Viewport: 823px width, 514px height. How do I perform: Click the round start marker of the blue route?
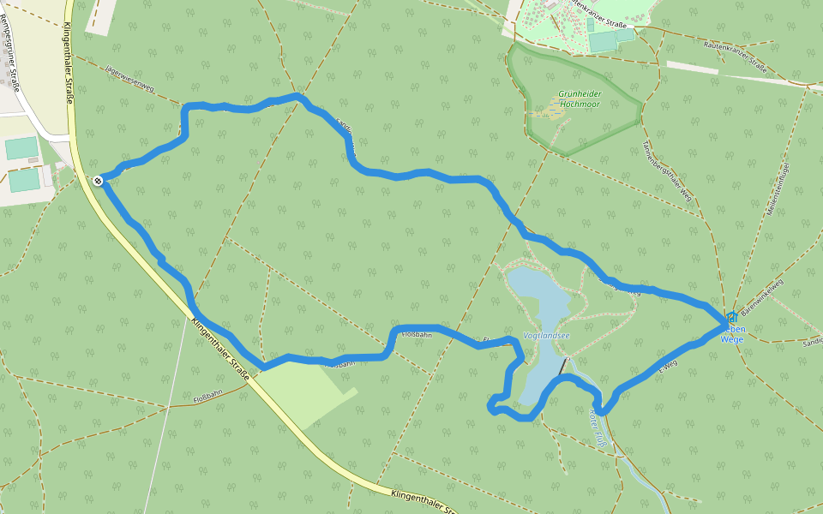(99, 180)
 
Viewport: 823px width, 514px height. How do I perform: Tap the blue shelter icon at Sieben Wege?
(731, 318)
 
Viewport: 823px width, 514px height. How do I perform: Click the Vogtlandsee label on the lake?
(546, 336)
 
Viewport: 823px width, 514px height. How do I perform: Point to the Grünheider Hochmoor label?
(580, 99)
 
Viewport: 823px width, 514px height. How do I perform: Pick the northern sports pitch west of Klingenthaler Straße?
(21, 148)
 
